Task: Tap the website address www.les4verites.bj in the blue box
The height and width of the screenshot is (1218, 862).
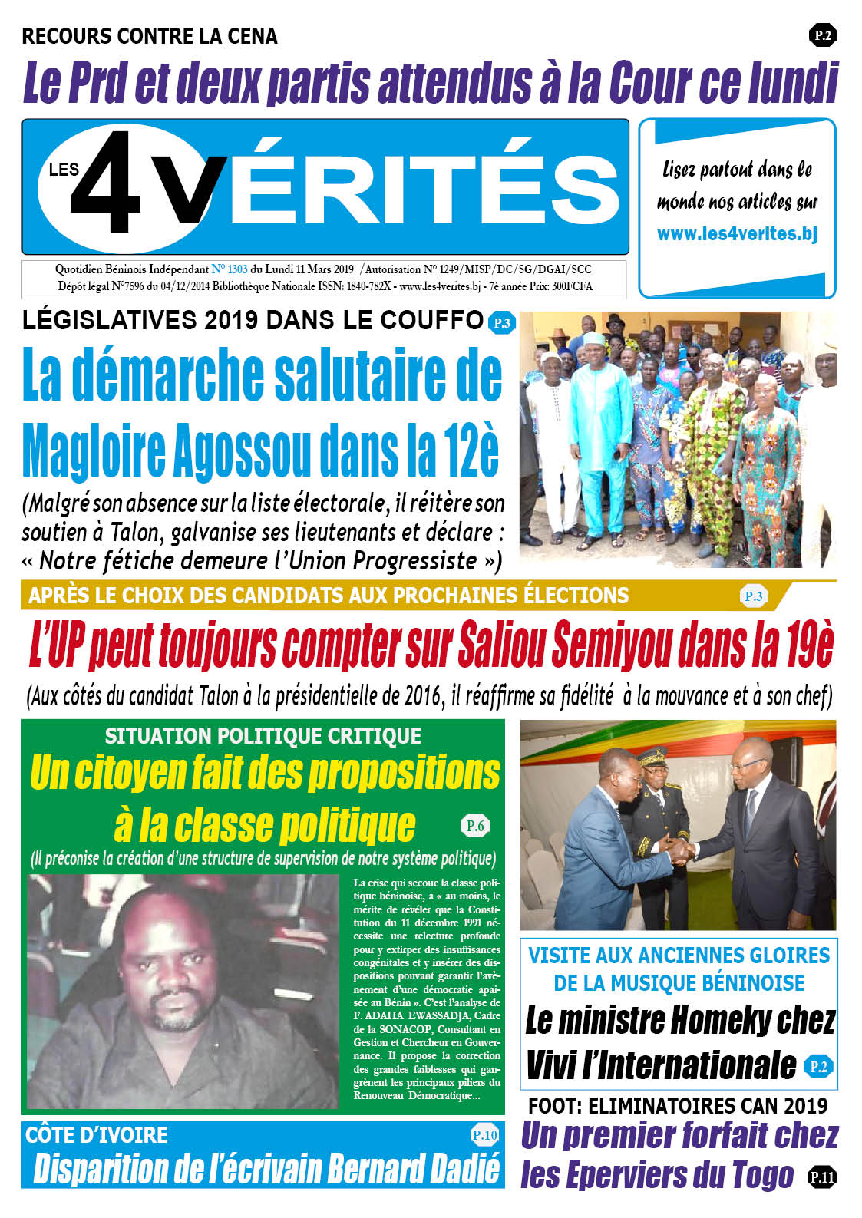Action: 737,234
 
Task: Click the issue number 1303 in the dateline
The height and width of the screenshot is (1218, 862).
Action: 237,269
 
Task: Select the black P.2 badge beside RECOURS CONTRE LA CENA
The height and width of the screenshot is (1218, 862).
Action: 822,35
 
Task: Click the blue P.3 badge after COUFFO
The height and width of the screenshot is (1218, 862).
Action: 501,323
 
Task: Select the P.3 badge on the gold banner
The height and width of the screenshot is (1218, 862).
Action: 753,596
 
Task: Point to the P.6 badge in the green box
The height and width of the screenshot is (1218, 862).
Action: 475,826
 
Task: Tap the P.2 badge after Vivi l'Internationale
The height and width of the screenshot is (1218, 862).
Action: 818,1066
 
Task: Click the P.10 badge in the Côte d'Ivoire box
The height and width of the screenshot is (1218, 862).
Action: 484,1135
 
